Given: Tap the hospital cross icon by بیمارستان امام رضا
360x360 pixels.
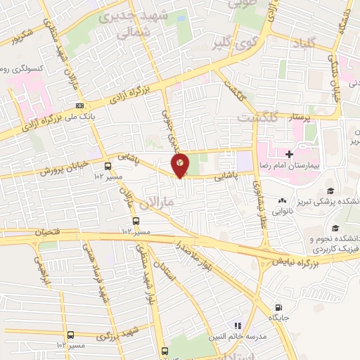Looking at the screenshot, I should [x=289, y=153].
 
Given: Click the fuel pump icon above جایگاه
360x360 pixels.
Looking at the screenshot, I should [x=279, y=308].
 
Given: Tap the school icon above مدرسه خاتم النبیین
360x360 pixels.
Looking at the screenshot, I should [x=238, y=325].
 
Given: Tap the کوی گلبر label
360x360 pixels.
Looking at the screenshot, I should [x=231, y=45].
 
